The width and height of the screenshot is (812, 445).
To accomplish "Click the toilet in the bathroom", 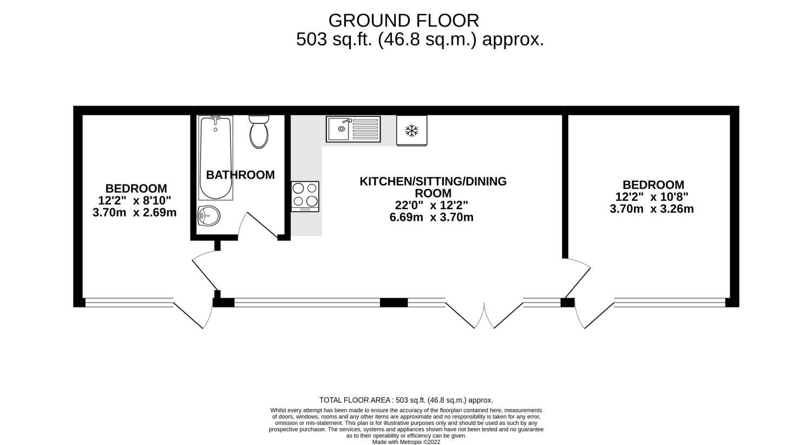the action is [259, 132].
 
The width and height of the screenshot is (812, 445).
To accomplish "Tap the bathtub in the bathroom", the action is [215, 158].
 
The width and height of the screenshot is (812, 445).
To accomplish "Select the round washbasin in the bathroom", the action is [209, 217].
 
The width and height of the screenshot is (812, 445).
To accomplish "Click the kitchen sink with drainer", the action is [353, 129].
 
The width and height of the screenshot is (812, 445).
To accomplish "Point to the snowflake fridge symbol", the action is [412, 130].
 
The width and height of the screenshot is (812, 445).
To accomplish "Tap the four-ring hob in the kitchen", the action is [305, 197].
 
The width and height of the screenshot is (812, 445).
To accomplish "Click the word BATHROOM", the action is [240, 175].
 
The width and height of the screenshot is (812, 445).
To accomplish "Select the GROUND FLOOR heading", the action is [404, 21].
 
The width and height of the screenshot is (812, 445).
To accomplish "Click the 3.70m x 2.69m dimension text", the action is [134, 212].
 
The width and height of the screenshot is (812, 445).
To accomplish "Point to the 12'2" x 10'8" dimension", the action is [652, 197].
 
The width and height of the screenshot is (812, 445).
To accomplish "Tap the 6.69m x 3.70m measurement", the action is [431, 218].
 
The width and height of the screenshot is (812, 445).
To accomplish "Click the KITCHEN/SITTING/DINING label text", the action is [433, 181].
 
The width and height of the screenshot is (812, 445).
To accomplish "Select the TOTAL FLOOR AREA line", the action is [406, 400].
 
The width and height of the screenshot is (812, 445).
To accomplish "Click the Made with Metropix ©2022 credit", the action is [406, 442].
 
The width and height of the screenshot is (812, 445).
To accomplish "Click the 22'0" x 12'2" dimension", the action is [431, 206].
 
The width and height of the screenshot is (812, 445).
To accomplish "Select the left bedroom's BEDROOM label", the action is [136, 188].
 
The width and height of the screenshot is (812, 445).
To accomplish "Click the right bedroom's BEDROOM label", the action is [653, 185].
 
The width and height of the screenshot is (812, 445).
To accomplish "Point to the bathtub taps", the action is [215, 120].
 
